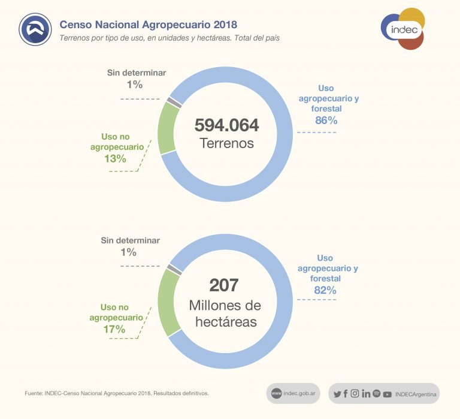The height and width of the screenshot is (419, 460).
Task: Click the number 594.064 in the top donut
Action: coord(226,125)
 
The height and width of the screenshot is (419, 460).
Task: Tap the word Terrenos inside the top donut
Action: coord(226,144)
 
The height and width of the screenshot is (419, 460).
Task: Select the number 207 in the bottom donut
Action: coord(224,285)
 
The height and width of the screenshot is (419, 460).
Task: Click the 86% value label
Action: coord(326,120)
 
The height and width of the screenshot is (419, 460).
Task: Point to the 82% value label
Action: coord(325,290)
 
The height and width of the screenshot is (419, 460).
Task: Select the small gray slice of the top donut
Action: coord(174,103)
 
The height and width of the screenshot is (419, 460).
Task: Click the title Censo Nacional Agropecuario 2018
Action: coord(148,25)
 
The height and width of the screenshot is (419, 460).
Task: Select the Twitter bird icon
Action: coord(337,394)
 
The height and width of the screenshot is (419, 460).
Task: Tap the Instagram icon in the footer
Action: coord(355,394)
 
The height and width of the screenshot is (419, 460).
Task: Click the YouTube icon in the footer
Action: coord(388,394)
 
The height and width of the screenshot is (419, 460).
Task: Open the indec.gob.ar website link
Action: coord(293,394)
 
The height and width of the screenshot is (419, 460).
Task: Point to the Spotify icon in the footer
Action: coord(377,394)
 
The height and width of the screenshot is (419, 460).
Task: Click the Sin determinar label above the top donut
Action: coord(137,73)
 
